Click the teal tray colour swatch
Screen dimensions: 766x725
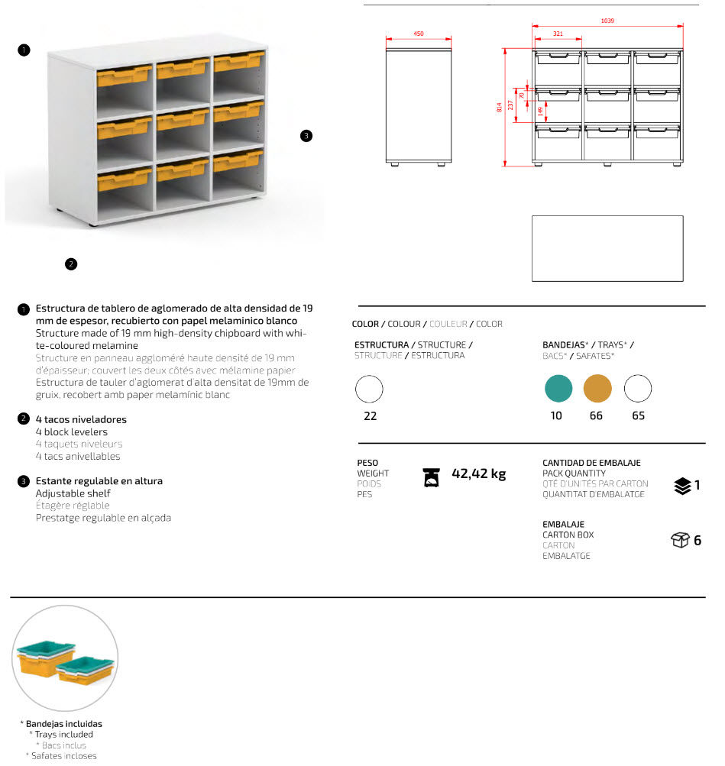[558, 389]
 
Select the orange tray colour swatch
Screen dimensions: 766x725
[597, 389]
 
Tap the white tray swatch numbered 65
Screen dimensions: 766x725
[638, 389]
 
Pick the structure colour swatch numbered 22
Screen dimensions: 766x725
[370, 389]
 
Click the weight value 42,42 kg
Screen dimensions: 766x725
[479, 473]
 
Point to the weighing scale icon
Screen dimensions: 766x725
[432, 477]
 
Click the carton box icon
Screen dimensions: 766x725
[680, 541]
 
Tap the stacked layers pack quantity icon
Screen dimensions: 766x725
[683, 485]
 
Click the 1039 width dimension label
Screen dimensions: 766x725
[607, 21]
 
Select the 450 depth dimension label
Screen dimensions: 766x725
[419, 34]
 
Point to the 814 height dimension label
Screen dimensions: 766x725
[500, 108]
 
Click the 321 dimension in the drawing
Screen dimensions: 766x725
[558, 34]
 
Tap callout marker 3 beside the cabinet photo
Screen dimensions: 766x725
[306, 136]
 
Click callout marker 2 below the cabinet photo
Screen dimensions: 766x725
[70, 264]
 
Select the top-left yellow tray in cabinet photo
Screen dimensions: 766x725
[123, 75]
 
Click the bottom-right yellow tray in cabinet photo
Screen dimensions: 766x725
[238, 161]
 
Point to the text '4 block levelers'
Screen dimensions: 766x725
[72, 431]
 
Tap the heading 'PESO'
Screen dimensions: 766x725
[367, 463]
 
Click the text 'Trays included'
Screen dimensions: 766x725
[64, 735]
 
